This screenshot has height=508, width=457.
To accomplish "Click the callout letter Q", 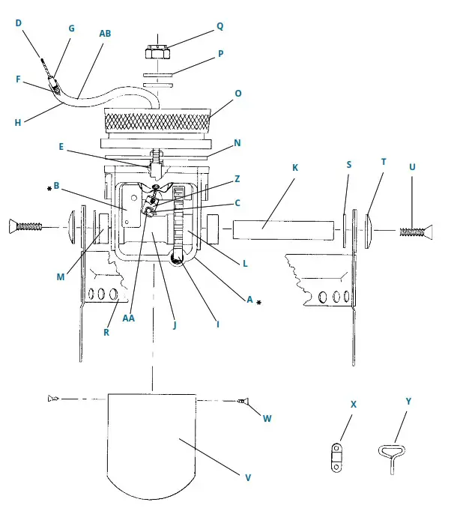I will point(220,25).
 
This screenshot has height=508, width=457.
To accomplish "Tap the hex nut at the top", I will point(157,52).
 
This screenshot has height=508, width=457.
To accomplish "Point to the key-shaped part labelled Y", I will point(390,453).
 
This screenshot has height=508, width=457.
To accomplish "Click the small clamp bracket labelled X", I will point(336,457).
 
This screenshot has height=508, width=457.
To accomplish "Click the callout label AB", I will point(106,34).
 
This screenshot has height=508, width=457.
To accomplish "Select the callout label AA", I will point(128,318).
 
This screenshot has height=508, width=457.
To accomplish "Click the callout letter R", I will point(106,331).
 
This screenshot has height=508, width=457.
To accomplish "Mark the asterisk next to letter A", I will point(258,303).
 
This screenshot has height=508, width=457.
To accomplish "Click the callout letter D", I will point(19,23).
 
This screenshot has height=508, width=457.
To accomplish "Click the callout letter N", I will point(237,142).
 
